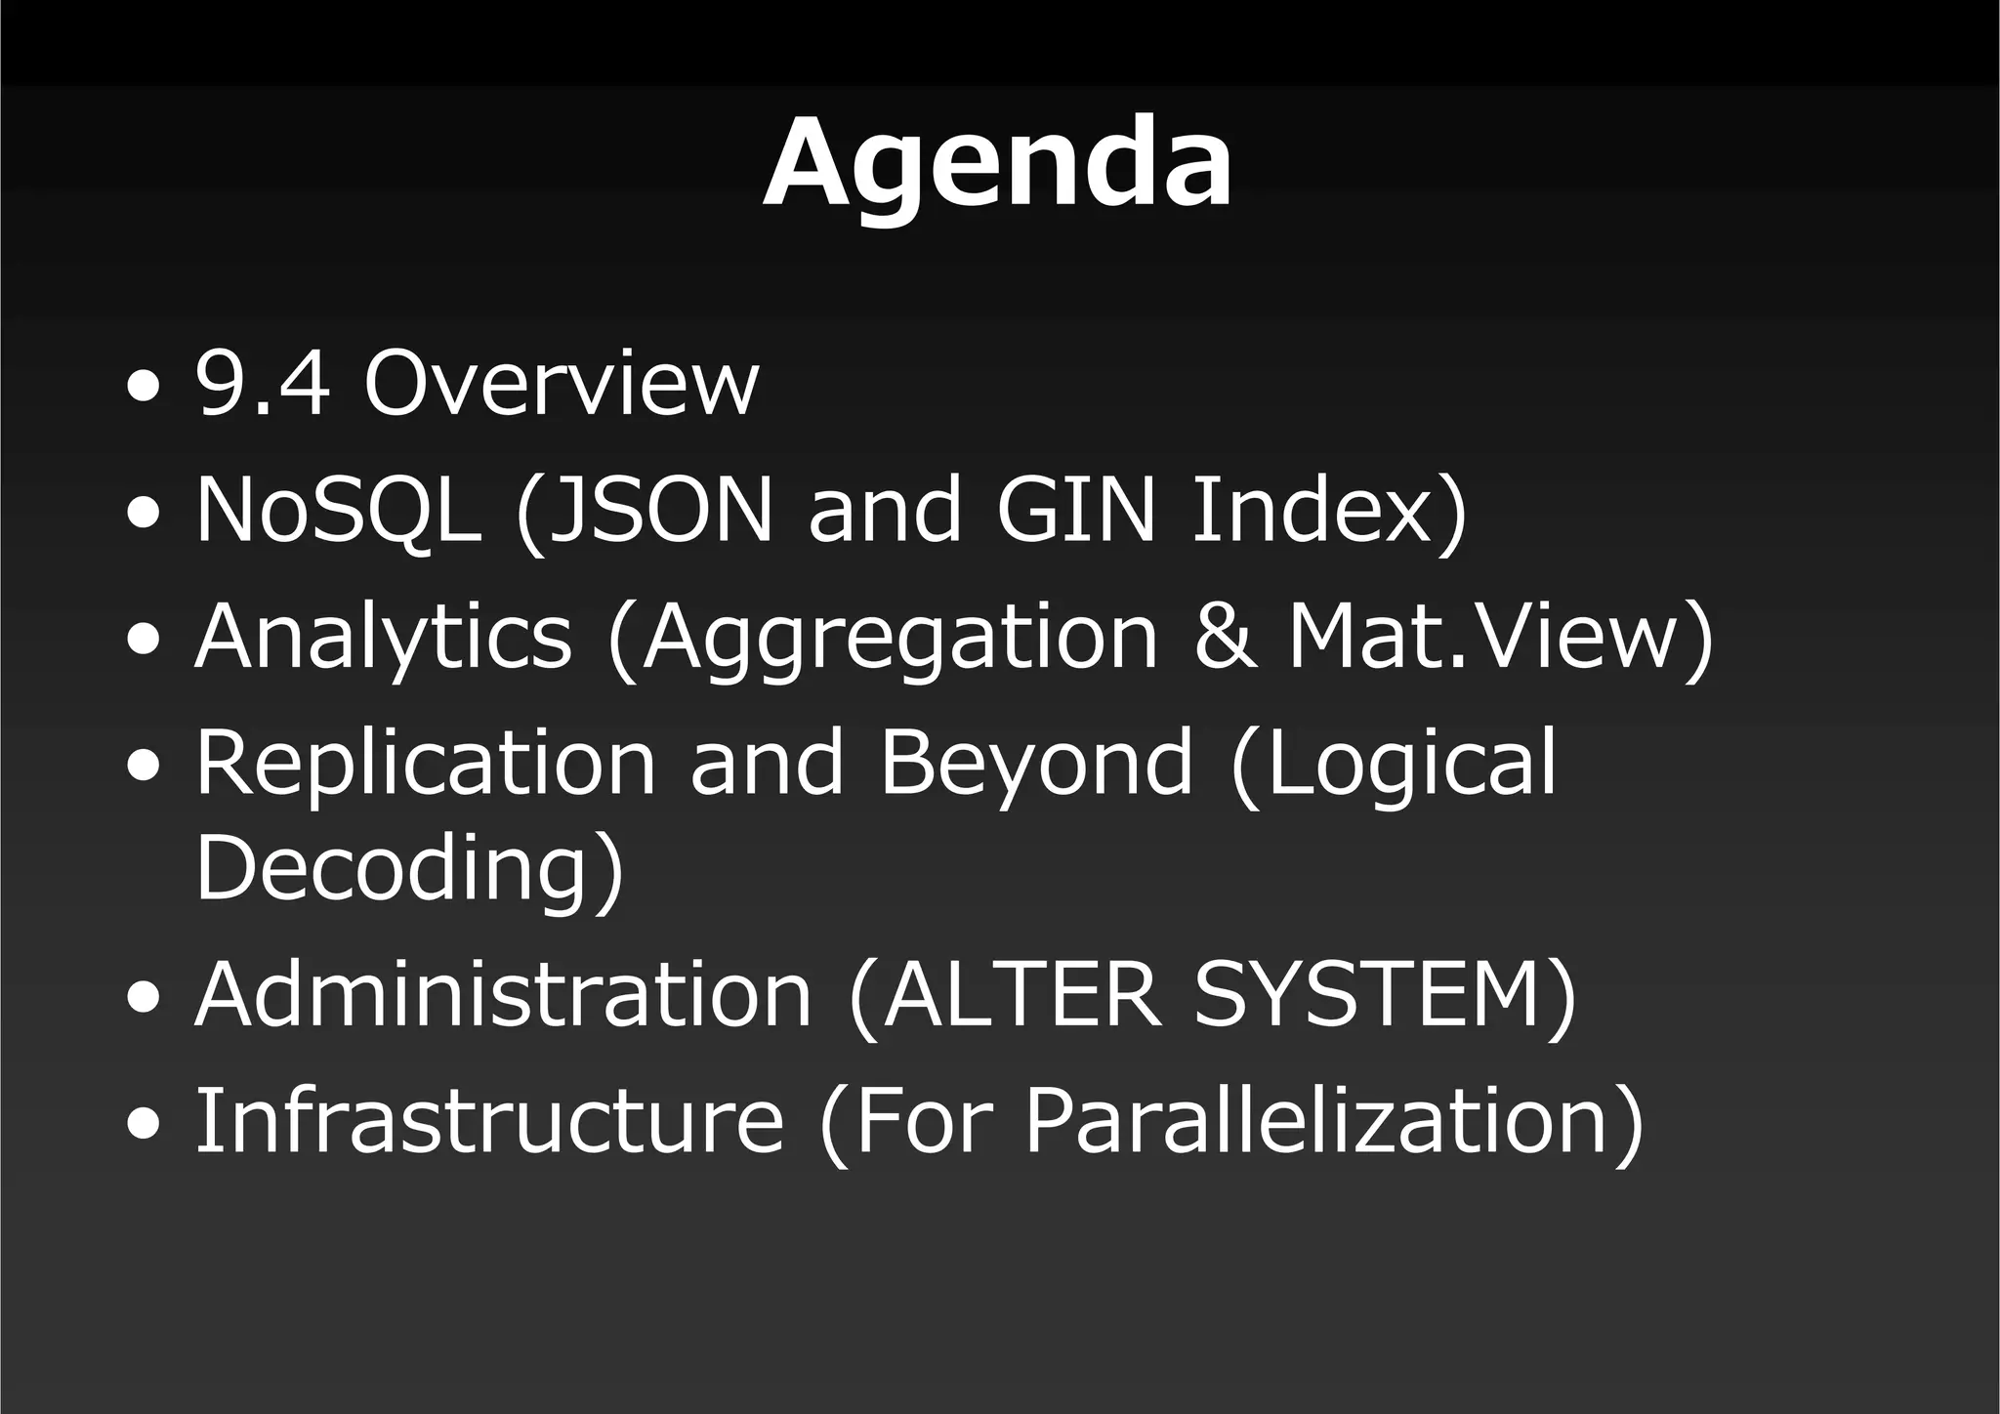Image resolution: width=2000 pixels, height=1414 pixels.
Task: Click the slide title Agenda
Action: click(x=997, y=163)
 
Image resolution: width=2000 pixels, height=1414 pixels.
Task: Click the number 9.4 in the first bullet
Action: click(x=262, y=384)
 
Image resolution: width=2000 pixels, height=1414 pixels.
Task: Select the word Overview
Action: click(x=561, y=384)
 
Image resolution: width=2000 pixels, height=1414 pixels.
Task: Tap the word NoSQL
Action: click(x=337, y=509)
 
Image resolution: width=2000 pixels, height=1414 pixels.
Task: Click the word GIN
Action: click(x=1075, y=509)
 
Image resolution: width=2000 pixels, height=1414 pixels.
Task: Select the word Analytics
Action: click(x=383, y=637)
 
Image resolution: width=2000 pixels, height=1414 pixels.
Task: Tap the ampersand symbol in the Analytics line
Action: click(x=1225, y=637)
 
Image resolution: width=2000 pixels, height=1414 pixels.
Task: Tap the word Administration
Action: click(x=504, y=994)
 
